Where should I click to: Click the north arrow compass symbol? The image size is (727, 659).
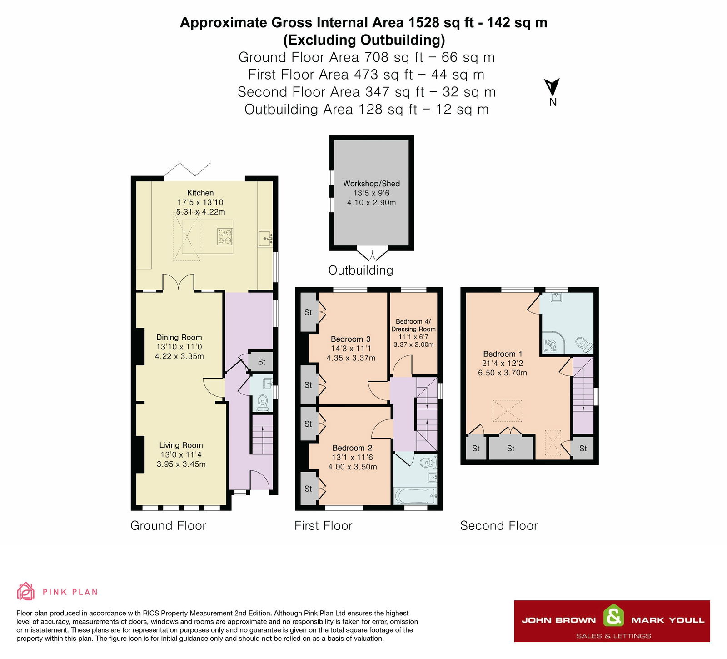pyautogui.click(x=552, y=87)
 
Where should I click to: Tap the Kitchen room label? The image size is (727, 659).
pyautogui.click(x=200, y=193)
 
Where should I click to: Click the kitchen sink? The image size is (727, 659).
pyautogui.click(x=265, y=238)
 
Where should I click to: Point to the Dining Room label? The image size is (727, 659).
pyautogui.click(x=179, y=337)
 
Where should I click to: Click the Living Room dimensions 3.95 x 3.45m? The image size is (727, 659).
pyautogui.click(x=181, y=464)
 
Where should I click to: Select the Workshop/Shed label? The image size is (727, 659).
pyautogui.click(x=371, y=184)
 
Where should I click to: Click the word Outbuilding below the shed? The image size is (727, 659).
pyautogui.click(x=361, y=270)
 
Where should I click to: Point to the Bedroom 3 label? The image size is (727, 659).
pyautogui.click(x=350, y=339)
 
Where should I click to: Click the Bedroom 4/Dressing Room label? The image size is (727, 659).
pyautogui.click(x=413, y=325)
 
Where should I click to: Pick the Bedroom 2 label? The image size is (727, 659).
pyautogui.click(x=352, y=448)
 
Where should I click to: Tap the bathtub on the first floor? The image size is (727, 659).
pyautogui.click(x=415, y=496)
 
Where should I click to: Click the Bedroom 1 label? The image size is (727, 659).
pyautogui.click(x=503, y=354)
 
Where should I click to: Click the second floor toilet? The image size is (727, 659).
pyautogui.click(x=583, y=344)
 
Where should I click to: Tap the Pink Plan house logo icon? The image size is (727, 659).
pyautogui.click(x=25, y=591)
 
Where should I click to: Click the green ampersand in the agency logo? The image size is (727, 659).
pyautogui.click(x=613, y=616)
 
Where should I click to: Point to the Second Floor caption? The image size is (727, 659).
pyautogui.click(x=499, y=526)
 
